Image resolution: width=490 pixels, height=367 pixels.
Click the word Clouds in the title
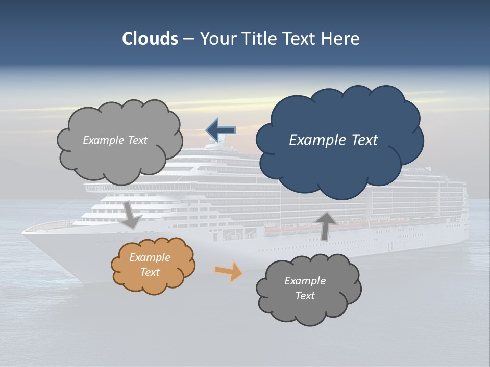coord(150,39)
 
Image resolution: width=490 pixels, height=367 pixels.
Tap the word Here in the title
coord(340,39)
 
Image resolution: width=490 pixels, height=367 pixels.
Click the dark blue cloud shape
coord(339,163)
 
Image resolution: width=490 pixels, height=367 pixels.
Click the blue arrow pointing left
coord(221,130)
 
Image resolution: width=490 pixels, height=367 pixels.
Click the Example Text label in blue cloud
coord(333,140)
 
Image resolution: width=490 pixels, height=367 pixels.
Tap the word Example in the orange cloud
coord(150,257)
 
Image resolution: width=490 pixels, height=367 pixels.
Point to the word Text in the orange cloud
coord(150,272)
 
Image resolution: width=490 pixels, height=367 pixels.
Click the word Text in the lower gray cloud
coord(305,296)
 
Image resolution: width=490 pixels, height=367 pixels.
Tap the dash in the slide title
coord(188,39)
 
